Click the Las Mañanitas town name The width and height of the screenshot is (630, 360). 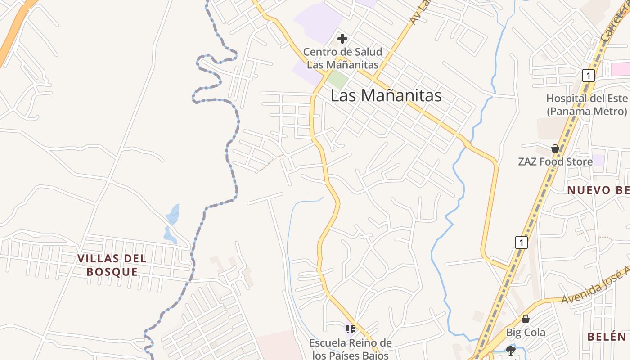386,95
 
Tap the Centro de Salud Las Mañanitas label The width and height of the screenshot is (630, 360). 342,58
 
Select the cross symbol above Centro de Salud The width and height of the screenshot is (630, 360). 342,39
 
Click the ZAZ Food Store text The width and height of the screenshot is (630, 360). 555,162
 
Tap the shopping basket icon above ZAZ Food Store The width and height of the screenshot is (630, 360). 555,148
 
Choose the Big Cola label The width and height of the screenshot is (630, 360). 526,333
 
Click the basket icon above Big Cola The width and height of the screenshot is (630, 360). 526,319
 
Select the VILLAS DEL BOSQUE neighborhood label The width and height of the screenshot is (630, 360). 112,265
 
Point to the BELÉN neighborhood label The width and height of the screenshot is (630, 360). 607,337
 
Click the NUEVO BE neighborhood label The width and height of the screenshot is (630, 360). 598,190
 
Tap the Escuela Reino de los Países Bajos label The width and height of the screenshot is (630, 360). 351,349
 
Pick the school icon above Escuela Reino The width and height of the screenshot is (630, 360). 351,329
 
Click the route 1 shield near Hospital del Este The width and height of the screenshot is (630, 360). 588,75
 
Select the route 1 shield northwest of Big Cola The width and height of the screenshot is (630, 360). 521,243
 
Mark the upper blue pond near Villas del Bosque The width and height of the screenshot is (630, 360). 173,214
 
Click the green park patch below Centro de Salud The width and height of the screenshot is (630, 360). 337,80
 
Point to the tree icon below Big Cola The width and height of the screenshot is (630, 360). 510,350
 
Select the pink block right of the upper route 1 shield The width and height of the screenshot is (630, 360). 621,69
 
